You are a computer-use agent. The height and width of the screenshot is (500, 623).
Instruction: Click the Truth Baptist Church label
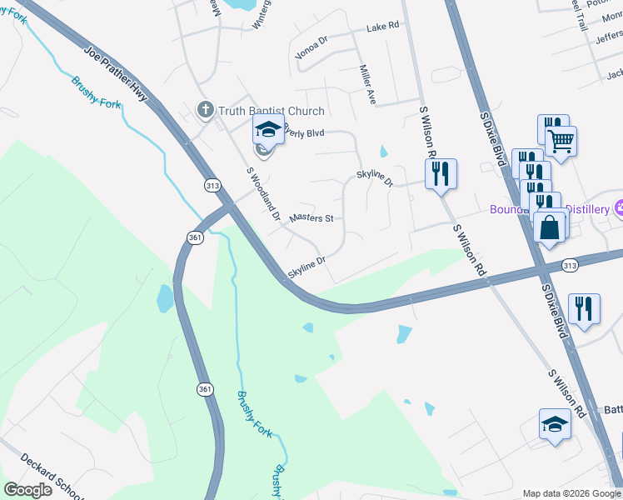pyautogui.click(x=271, y=110)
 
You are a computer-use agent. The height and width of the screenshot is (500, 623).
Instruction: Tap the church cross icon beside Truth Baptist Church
pyautogui.click(x=205, y=109)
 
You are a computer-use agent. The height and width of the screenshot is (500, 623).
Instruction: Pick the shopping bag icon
pyautogui.click(x=550, y=227)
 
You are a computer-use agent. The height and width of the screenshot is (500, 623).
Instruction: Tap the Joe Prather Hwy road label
pyautogui.click(x=116, y=74)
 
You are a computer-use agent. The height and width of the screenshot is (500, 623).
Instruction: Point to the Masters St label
pyautogui.click(x=311, y=218)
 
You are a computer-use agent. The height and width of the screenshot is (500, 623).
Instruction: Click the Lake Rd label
pyautogui.click(x=382, y=27)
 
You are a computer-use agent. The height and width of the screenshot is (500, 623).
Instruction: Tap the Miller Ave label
pyautogui.click(x=367, y=84)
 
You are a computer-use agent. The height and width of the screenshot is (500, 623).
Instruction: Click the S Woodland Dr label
pyautogui.click(x=263, y=192)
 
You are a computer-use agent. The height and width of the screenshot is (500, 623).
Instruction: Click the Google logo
pyautogui.click(x=27, y=489)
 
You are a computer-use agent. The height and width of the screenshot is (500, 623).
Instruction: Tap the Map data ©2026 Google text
pyautogui.click(x=571, y=493)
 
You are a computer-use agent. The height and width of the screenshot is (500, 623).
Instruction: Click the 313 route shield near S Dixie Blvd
pyautogui.click(x=570, y=265)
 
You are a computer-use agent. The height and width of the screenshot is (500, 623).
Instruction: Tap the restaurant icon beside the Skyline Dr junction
pyautogui.click(x=440, y=173)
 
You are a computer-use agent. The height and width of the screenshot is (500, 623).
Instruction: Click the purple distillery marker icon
pyautogui.click(x=619, y=207)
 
